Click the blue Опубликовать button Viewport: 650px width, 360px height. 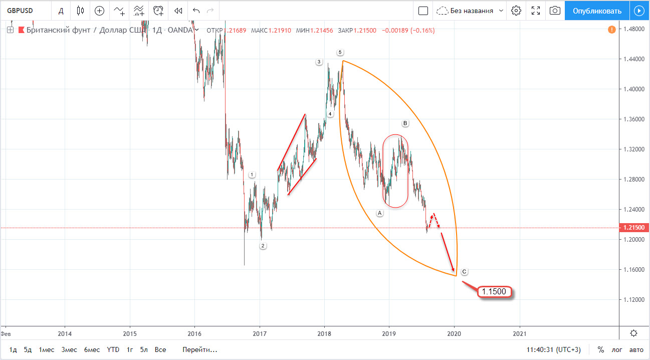(x=597, y=11)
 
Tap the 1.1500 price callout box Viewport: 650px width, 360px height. (x=494, y=291)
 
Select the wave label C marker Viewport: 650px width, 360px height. (x=465, y=272)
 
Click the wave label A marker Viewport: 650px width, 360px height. (x=380, y=213)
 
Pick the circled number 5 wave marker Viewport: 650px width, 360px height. (x=340, y=52)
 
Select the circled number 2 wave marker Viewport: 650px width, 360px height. (x=263, y=246)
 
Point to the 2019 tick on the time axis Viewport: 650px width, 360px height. (x=389, y=333)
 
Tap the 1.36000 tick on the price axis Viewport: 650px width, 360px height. (x=632, y=119)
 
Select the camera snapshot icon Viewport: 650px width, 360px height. (x=555, y=11)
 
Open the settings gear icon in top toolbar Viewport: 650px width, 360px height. (x=517, y=11)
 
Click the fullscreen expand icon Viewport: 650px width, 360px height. (x=536, y=11)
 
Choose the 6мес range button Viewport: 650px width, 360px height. (x=91, y=349)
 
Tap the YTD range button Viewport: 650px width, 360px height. (x=113, y=349)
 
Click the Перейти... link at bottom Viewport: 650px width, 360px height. (x=200, y=349)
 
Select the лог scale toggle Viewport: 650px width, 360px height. (x=617, y=349)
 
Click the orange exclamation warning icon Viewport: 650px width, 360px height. (x=612, y=30)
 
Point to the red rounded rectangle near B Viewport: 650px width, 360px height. (x=395, y=171)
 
